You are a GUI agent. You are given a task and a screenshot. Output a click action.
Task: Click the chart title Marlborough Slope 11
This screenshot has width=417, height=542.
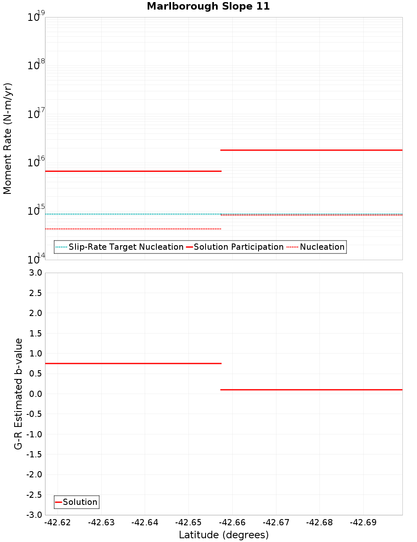click(208, 6)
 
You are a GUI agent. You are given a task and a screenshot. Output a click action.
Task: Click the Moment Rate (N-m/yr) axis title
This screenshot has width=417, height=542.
click(8, 138)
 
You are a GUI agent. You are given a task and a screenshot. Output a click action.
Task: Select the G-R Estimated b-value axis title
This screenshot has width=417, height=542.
click(18, 394)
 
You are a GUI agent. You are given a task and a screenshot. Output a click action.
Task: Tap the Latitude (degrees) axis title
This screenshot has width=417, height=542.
click(224, 535)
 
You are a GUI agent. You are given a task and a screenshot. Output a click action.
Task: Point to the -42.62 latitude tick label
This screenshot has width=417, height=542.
click(58, 522)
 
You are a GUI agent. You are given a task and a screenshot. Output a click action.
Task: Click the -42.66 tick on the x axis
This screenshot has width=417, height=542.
click(232, 522)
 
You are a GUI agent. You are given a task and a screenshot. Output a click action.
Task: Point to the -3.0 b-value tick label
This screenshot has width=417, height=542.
click(34, 515)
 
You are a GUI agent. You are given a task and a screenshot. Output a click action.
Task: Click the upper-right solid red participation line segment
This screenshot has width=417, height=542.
click(311, 150)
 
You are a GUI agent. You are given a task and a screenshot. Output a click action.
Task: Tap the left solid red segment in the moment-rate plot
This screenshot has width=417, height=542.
click(133, 171)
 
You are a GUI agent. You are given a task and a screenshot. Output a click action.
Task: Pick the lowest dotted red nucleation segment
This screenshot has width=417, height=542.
click(133, 229)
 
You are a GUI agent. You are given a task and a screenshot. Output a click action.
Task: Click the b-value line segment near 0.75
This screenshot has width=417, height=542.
click(133, 364)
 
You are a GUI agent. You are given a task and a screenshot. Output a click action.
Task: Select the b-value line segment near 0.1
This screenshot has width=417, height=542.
click(311, 390)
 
